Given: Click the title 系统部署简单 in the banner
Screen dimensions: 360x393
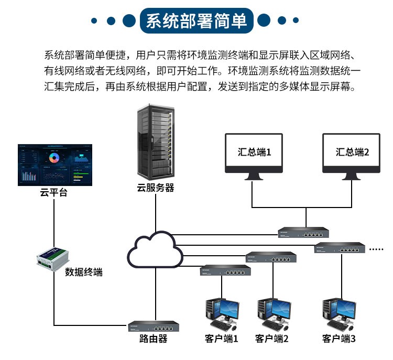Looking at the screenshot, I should pyautogui.click(x=196, y=21).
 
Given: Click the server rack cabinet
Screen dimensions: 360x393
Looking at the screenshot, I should pyautogui.click(x=156, y=142).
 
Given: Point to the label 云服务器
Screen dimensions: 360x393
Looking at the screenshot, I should pyautogui.click(x=156, y=188).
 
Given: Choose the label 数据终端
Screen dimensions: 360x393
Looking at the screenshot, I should pyautogui.click(x=84, y=272).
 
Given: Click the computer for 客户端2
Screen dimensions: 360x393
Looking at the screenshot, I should pyautogui.click(x=272, y=311).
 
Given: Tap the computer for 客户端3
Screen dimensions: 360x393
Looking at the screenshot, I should pyautogui.click(x=339, y=311).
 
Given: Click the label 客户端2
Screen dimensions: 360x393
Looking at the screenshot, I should pyautogui.click(x=272, y=339).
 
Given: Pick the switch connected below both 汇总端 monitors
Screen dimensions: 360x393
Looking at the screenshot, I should pyautogui.click(x=303, y=232).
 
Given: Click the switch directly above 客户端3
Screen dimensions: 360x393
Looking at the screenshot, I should pyautogui.click(x=339, y=248).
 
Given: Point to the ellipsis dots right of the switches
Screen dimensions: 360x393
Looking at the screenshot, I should pyautogui.click(x=377, y=249).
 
